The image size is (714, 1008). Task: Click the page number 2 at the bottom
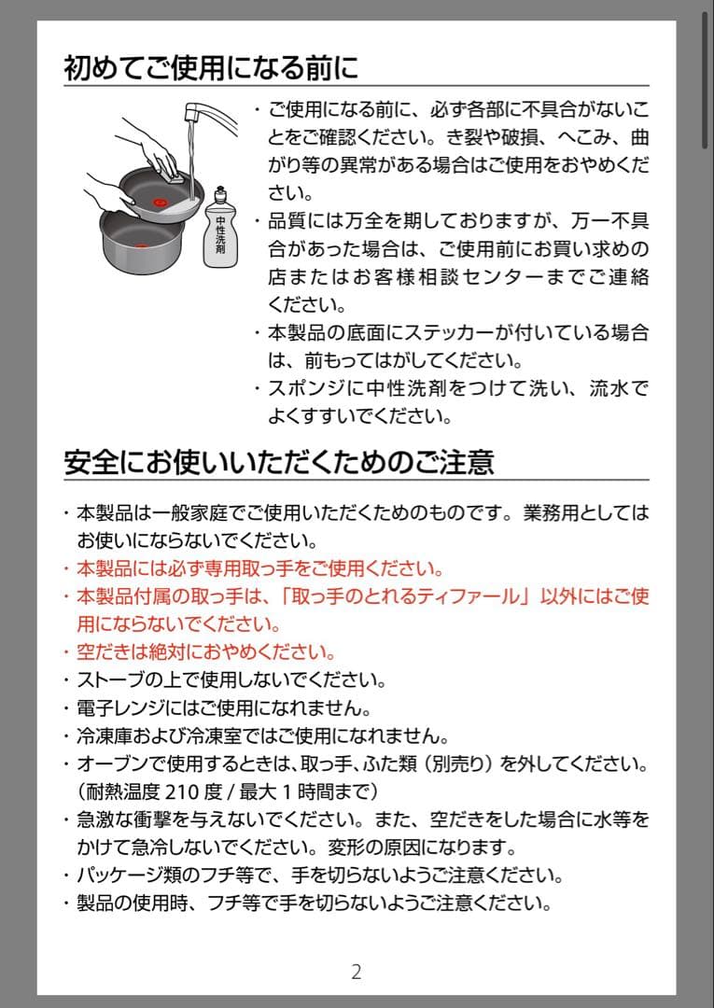[x=356, y=972]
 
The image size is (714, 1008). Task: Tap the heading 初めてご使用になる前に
[x=211, y=68]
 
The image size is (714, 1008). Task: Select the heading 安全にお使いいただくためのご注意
[x=278, y=461]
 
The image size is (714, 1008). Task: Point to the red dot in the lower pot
[x=142, y=244]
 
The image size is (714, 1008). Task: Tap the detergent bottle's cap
[x=220, y=193]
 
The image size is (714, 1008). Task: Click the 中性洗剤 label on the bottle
[x=221, y=236]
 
